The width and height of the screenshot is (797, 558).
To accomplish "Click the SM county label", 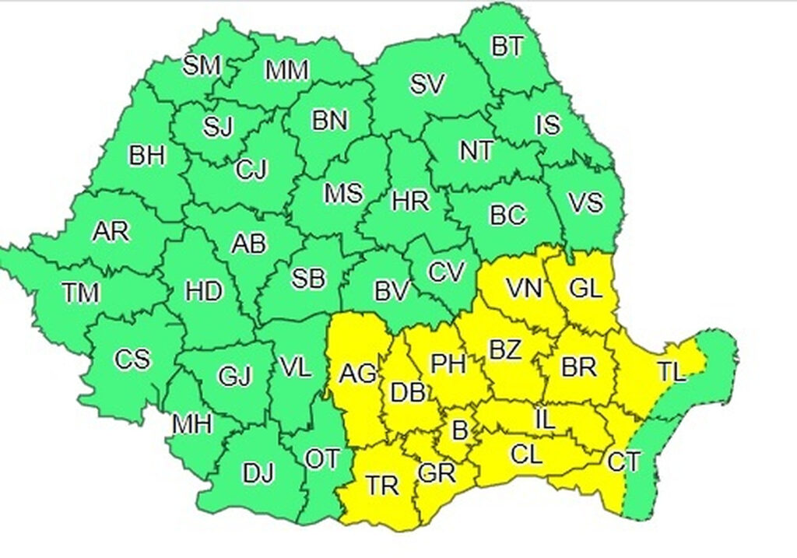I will [x=202, y=65].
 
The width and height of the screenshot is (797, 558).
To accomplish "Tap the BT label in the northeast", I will [x=507, y=47].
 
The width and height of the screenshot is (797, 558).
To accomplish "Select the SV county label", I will [x=427, y=85].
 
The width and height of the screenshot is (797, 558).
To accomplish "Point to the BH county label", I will [x=147, y=156].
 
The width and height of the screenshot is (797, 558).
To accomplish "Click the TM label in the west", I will [x=81, y=293].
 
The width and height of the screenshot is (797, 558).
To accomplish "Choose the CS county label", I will [x=132, y=360].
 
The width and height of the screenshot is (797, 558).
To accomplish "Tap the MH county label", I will [x=192, y=424].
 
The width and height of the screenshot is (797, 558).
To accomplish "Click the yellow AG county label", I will [x=358, y=374].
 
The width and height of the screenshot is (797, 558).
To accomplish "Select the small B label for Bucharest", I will [x=459, y=430].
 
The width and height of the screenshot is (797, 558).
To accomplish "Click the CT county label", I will [x=623, y=463].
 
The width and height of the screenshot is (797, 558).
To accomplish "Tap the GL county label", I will [x=585, y=290].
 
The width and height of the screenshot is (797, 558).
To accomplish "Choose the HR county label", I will [x=410, y=202].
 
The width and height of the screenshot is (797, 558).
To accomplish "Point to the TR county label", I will [x=383, y=486].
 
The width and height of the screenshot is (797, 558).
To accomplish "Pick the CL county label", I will [x=526, y=454].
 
